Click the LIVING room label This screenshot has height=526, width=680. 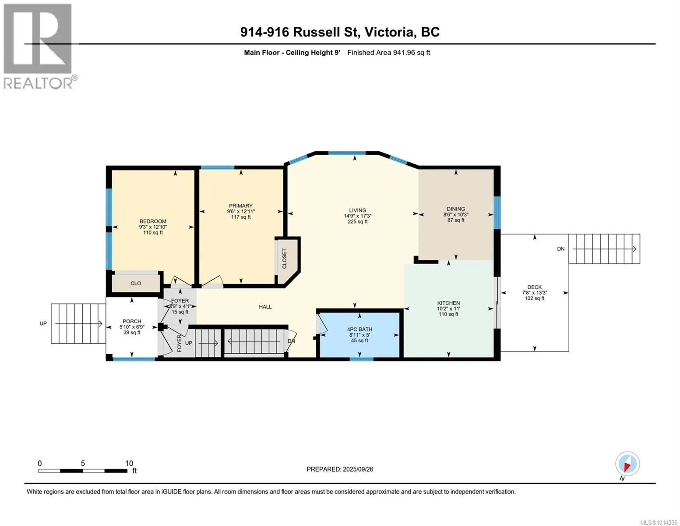357,210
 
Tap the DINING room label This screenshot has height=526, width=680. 456,209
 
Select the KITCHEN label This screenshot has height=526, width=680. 448,303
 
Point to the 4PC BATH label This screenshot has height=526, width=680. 359,329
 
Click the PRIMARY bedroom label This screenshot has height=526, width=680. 241,206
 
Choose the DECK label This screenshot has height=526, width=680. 535,287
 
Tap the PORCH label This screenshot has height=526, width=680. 132,321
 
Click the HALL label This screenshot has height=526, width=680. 265,307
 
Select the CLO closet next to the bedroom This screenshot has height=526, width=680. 135,283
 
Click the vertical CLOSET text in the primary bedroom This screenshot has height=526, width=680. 284,259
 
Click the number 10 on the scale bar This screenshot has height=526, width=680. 129,463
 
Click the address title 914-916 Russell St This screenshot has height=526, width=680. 299,32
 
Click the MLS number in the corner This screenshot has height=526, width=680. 659,522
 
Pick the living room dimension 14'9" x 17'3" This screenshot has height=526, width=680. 357,216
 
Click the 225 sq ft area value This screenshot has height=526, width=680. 357,221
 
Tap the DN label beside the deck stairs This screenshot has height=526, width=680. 560,249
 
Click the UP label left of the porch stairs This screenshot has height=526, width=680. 43,323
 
